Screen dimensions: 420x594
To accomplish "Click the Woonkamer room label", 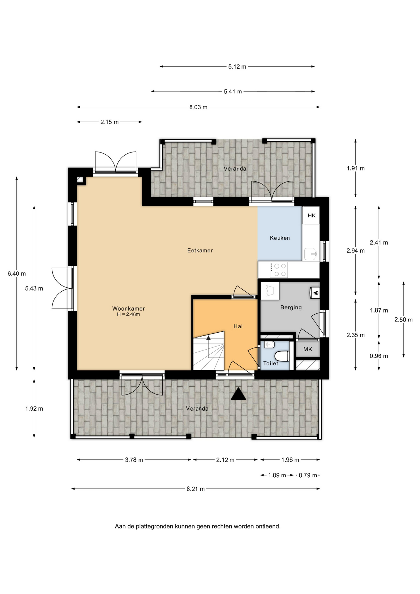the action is (x=128, y=308).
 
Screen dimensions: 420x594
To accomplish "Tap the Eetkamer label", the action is (x=200, y=250).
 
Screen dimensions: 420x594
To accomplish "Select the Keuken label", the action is (x=280, y=238).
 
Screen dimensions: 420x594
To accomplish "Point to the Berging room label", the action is (x=291, y=307).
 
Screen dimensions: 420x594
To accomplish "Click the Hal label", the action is (x=238, y=326).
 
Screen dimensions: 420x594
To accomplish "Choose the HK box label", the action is (x=311, y=215).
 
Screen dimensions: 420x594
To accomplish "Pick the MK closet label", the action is (x=308, y=349).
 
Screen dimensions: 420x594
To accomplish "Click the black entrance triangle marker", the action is (x=238, y=394).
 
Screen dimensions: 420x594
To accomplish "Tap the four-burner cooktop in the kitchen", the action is (x=279, y=270).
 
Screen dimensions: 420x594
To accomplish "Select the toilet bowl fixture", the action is (x=282, y=356).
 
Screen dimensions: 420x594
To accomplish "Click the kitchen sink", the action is (x=311, y=254).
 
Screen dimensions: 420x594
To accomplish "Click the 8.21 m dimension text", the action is (x=195, y=489).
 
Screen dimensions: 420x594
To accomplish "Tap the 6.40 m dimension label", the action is (x=17, y=273).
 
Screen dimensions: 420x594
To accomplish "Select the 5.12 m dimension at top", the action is (x=237, y=67).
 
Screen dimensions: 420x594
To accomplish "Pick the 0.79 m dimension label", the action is (x=308, y=475).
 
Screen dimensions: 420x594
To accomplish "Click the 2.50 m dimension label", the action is (x=403, y=320).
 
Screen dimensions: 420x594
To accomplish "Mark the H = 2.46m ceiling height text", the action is (x=128, y=314).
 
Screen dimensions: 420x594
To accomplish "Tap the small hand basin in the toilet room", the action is (x=269, y=344).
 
